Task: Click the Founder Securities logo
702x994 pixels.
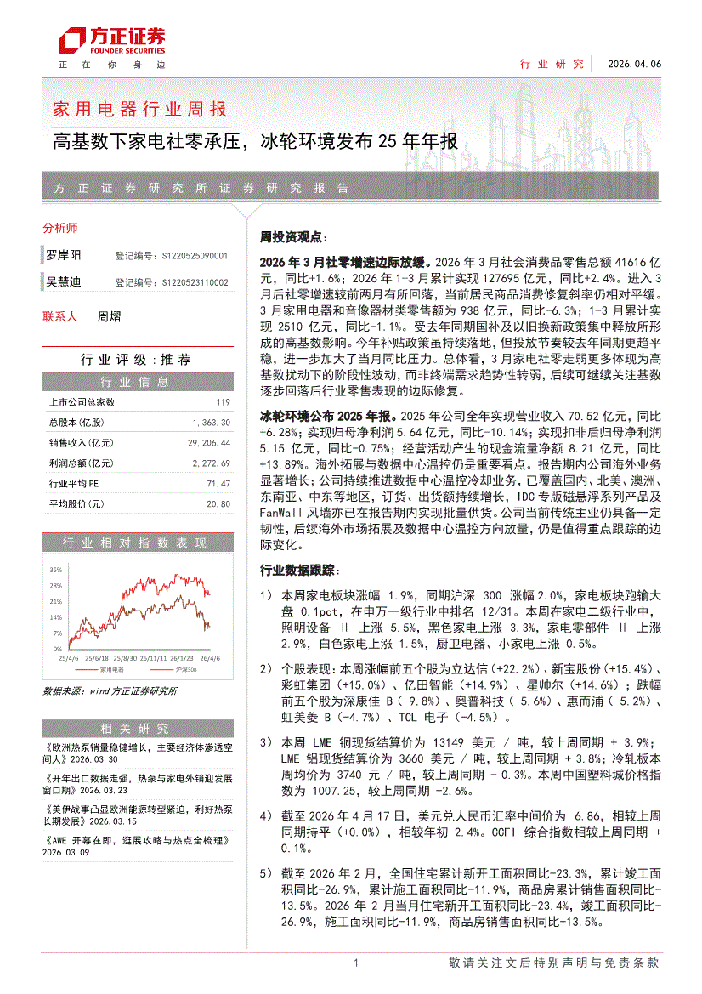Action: pos(111,40)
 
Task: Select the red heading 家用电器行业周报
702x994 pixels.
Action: pos(139,110)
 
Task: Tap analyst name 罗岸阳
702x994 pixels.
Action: pos(64,255)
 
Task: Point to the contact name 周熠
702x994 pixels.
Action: pos(109,316)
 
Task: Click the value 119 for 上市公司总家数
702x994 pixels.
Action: pos(224,402)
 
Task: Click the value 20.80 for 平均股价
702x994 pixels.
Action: pos(218,504)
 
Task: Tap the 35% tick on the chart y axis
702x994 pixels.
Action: pos(55,569)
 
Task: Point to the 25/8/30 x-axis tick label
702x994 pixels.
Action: pos(125,657)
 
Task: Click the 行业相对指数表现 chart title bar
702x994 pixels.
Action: pos(135,543)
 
